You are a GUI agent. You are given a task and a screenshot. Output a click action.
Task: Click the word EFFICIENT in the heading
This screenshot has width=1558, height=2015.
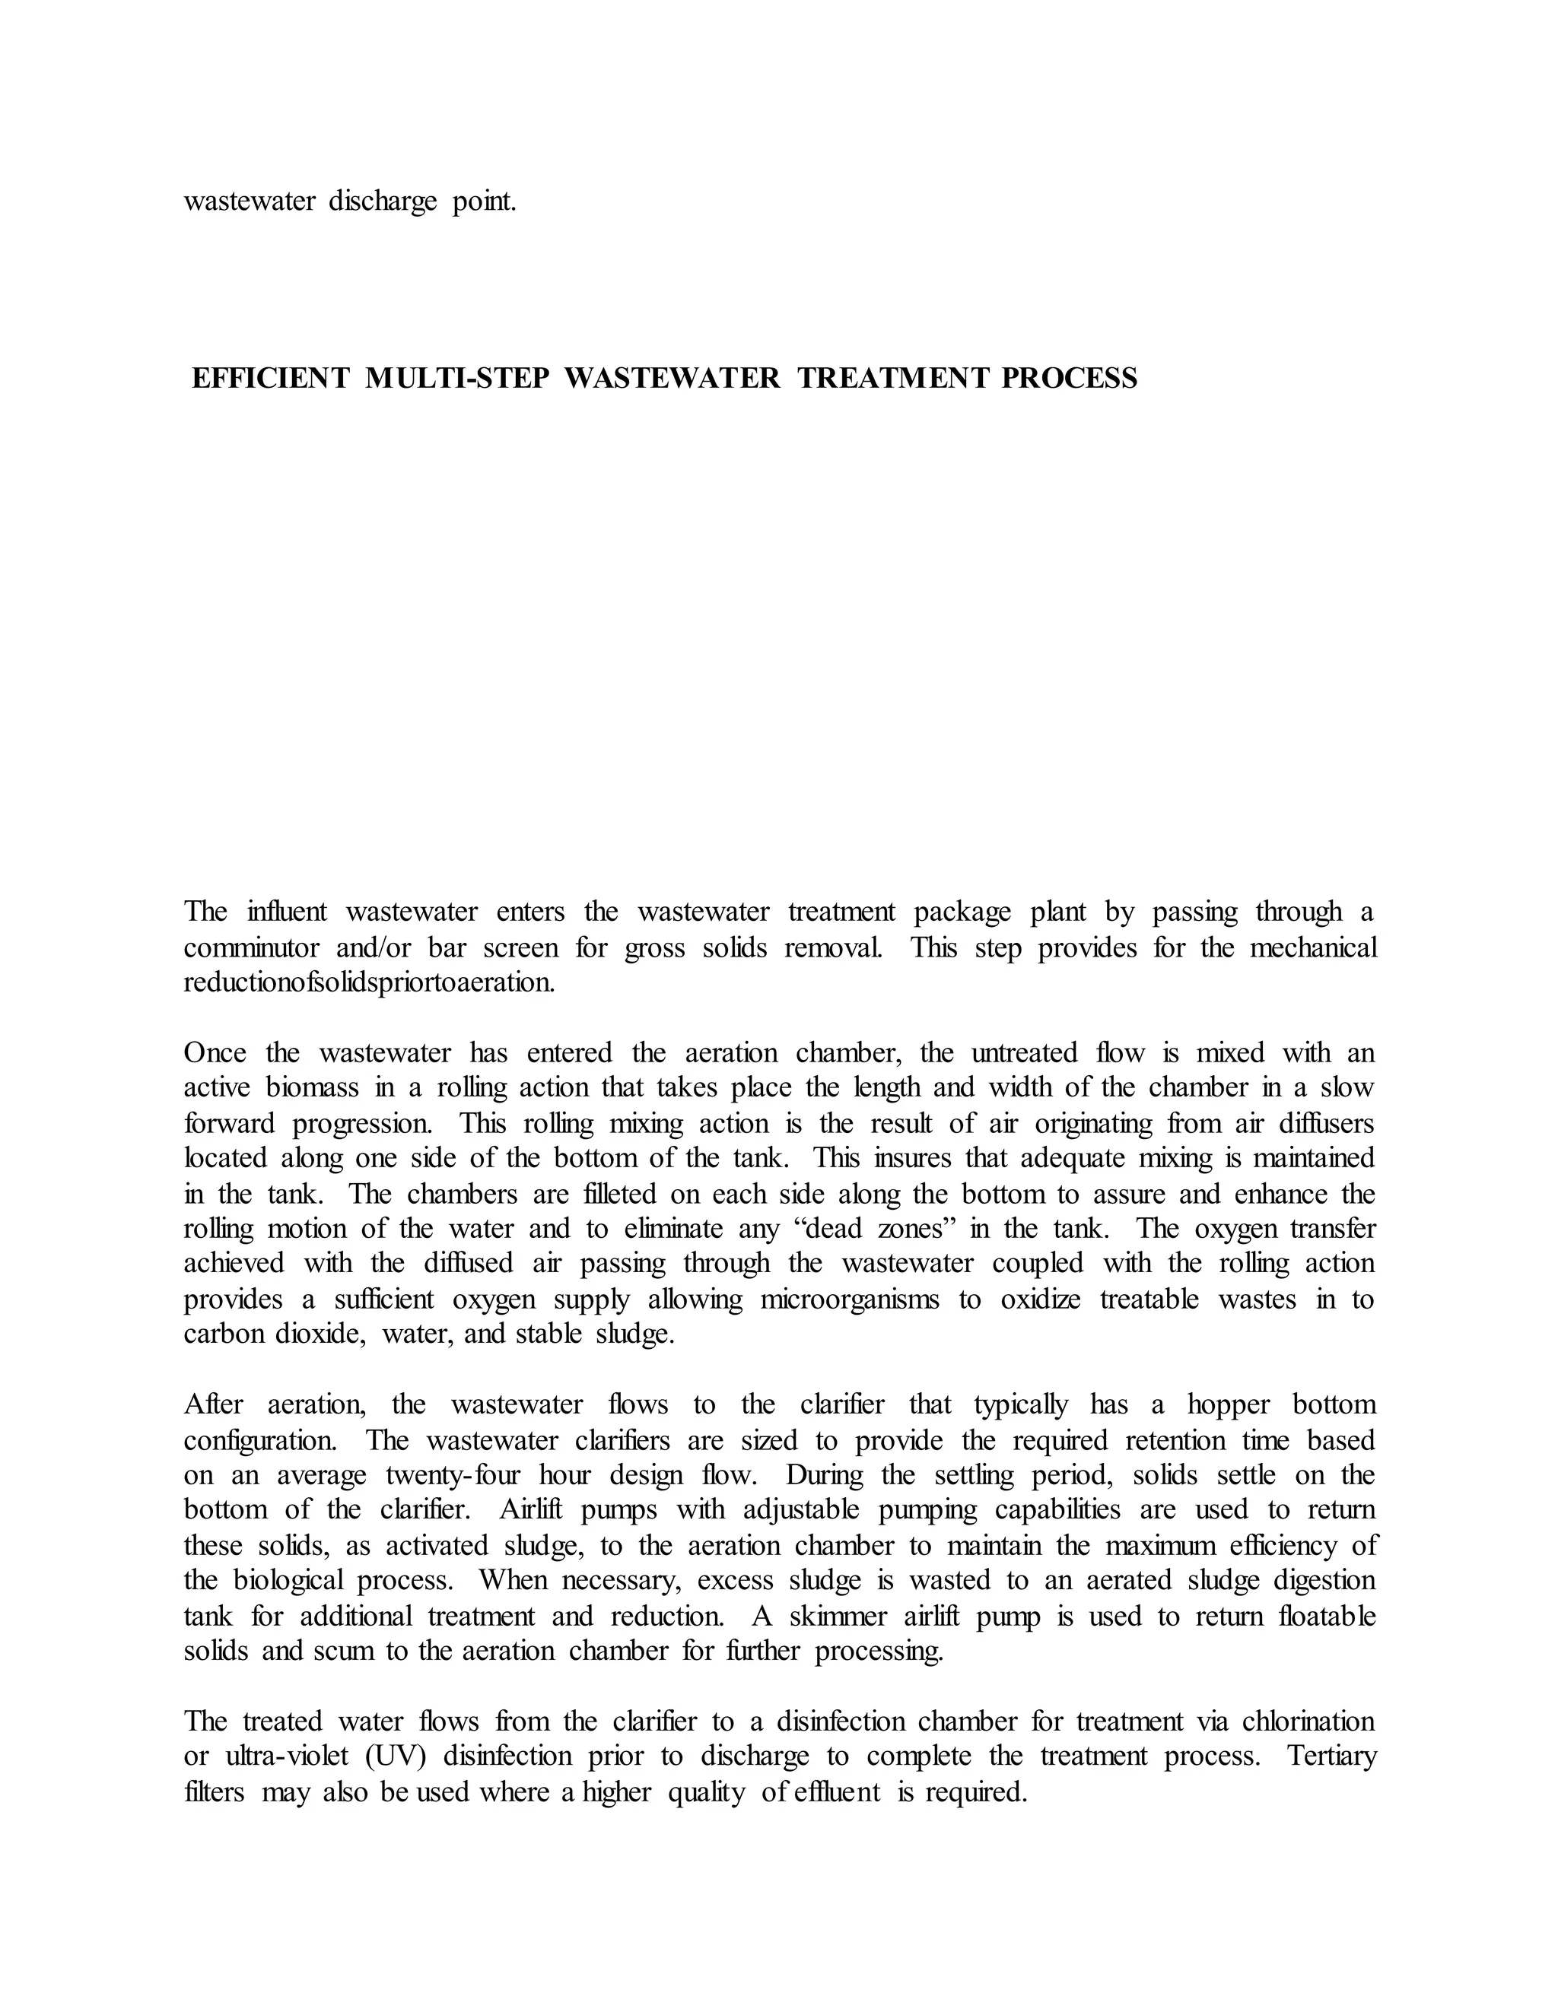click(270, 378)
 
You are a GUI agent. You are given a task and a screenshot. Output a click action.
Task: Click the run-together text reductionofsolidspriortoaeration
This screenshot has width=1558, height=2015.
click(369, 982)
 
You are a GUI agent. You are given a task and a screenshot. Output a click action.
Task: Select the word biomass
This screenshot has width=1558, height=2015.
click(312, 1088)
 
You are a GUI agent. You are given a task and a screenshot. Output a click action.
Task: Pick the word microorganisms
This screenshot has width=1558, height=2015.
click(849, 1300)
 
